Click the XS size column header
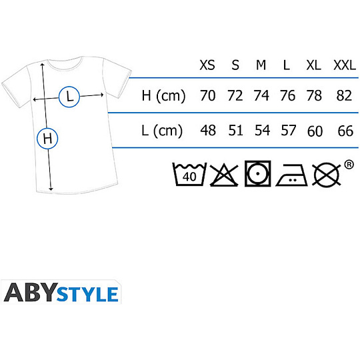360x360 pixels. click(207, 65)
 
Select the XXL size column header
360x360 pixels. click(345, 65)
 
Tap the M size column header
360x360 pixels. click(261, 65)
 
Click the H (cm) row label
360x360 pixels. click(163, 96)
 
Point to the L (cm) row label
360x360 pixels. click(162, 131)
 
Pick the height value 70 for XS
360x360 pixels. click(208, 95)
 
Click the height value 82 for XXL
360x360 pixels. click(344, 95)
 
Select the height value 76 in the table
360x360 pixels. click(287, 95)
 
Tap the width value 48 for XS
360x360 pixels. click(208, 131)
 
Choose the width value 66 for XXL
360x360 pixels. click(345, 131)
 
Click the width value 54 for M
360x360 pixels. click(263, 131)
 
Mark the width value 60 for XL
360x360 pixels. click(315, 131)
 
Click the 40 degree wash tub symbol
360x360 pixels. click(189, 174)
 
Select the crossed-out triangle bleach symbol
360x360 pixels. click(224, 175)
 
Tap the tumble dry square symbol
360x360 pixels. click(257, 173)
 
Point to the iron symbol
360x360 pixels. click(291, 175)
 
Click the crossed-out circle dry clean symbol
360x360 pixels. click(327, 175)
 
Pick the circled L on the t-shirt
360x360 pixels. click(69, 97)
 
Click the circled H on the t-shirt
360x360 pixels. click(47, 139)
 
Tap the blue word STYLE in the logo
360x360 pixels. click(87, 294)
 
